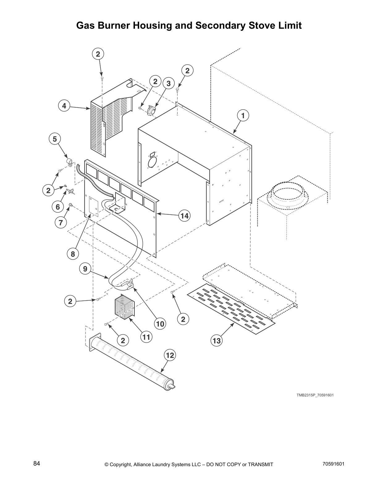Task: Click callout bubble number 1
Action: pos(243,116)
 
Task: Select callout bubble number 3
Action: pos(168,83)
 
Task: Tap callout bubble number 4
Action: pos(64,106)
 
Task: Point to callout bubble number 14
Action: pos(184,216)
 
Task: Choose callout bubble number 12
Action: pos(170,355)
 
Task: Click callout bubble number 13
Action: pos(217,341)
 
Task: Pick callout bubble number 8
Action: pos(73,254)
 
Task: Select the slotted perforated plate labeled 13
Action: pos(232,309)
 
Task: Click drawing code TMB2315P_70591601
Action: pos(315,395)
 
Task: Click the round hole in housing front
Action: pos(152,162)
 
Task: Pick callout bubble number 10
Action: pos(160,324)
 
